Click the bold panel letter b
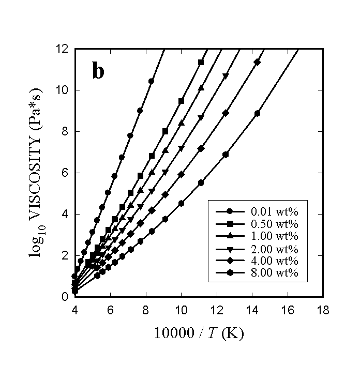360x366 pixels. point(98,71)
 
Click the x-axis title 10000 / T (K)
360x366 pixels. point(198,333)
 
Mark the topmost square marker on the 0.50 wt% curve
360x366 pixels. point(201,62)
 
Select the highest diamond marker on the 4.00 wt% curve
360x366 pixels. point(257,62)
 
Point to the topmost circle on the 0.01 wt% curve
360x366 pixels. point(151,81)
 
